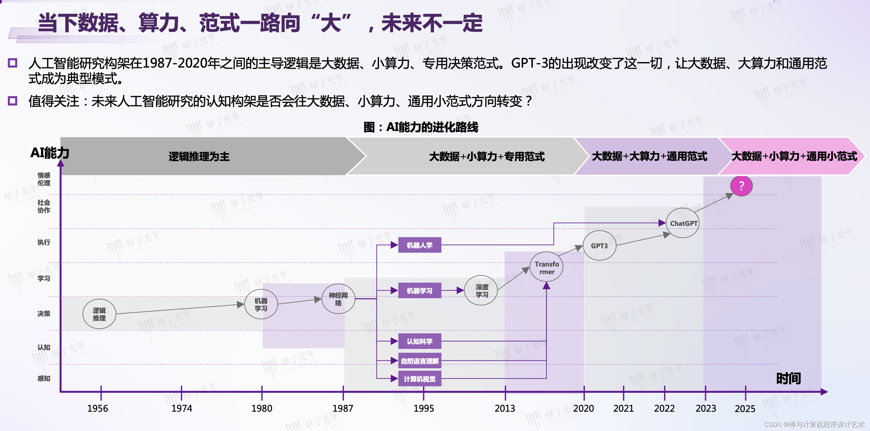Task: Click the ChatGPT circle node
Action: click(x=682, y=223)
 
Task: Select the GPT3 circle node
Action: click(x=599, y=245)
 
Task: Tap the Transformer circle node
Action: click(x=546, y=267)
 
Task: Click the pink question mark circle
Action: click(x=741, y=186)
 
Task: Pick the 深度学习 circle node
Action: click(x=481, y=290)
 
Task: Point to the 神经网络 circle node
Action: click(x=338, y=299)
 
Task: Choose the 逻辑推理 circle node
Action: click(x=99, y=314)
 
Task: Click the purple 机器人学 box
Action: click(x=419, y=245)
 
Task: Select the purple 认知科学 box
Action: click(x=419, y=341)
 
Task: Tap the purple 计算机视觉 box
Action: click(x=419, y=379)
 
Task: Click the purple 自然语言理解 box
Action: click(x=419, y=361)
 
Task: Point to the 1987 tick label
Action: click(x=343, y=408)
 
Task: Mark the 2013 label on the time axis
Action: click(x=505, y=408)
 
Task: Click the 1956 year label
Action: click(x=98, y=408)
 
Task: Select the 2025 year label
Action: click(x=745, y=409)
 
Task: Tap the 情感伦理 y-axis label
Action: click(x=44, y=179)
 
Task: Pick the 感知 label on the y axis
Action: click(x=44, y=378)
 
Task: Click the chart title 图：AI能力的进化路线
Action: click(x=421, y=127)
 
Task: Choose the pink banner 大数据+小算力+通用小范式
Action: click(x=793, y=156)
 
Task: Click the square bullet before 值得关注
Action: click(x=13, y=101)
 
